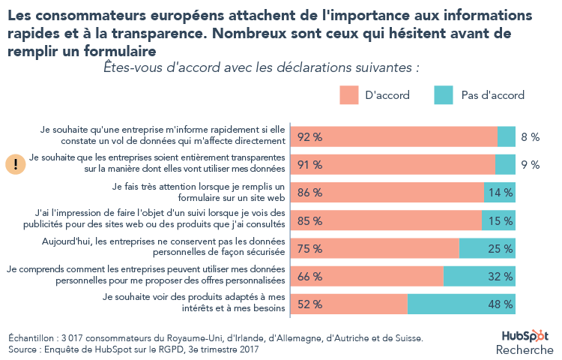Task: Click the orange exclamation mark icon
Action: pyautogui.click(x=16, y=164)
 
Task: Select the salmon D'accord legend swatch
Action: pyautogui.click(x=348, y=95)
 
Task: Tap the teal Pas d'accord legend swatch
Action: pyautogui.click(x=444, y=95)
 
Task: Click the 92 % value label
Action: pyautogui.click(x=309, y=136)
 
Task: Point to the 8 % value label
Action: pyautogui.click(x=531, y=136)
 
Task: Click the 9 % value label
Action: pyautogui.click(x=531, y=165)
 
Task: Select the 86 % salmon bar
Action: pyautogui.click(x=387, y=193)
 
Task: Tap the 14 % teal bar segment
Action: pyautogui.click(x=500, y=193)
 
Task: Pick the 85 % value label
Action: pyautogui.click(x=309, y=220)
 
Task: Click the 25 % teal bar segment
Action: pyautogui.click(x=487, y=248)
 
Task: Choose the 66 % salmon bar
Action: pyautogui.click(x=367, y=276)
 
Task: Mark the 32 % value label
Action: pyautogui.click(x=501, y=276)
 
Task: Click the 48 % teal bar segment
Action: pyautogui.click(x=462, y=304)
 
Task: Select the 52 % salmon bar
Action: pyautogui.click(x=349, y=304)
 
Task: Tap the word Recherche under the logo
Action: pyautogui.click(x=525, y=350)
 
